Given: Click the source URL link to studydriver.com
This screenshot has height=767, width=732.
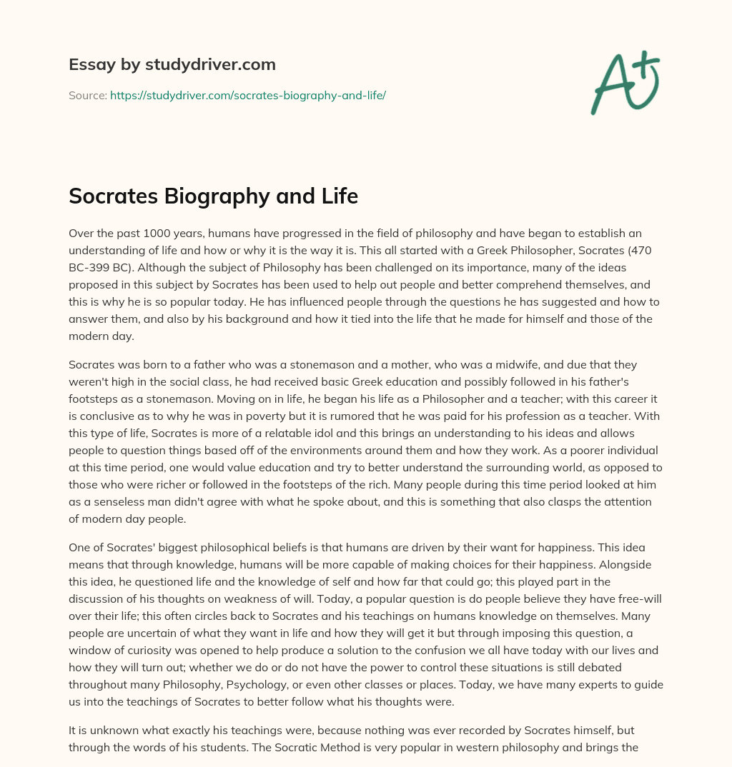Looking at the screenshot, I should (247, 95).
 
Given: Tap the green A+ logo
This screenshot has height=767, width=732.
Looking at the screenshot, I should (624, 83).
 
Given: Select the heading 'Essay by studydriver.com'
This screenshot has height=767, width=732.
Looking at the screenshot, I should (172, 64).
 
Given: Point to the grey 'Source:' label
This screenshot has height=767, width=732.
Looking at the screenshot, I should (87, 95).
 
